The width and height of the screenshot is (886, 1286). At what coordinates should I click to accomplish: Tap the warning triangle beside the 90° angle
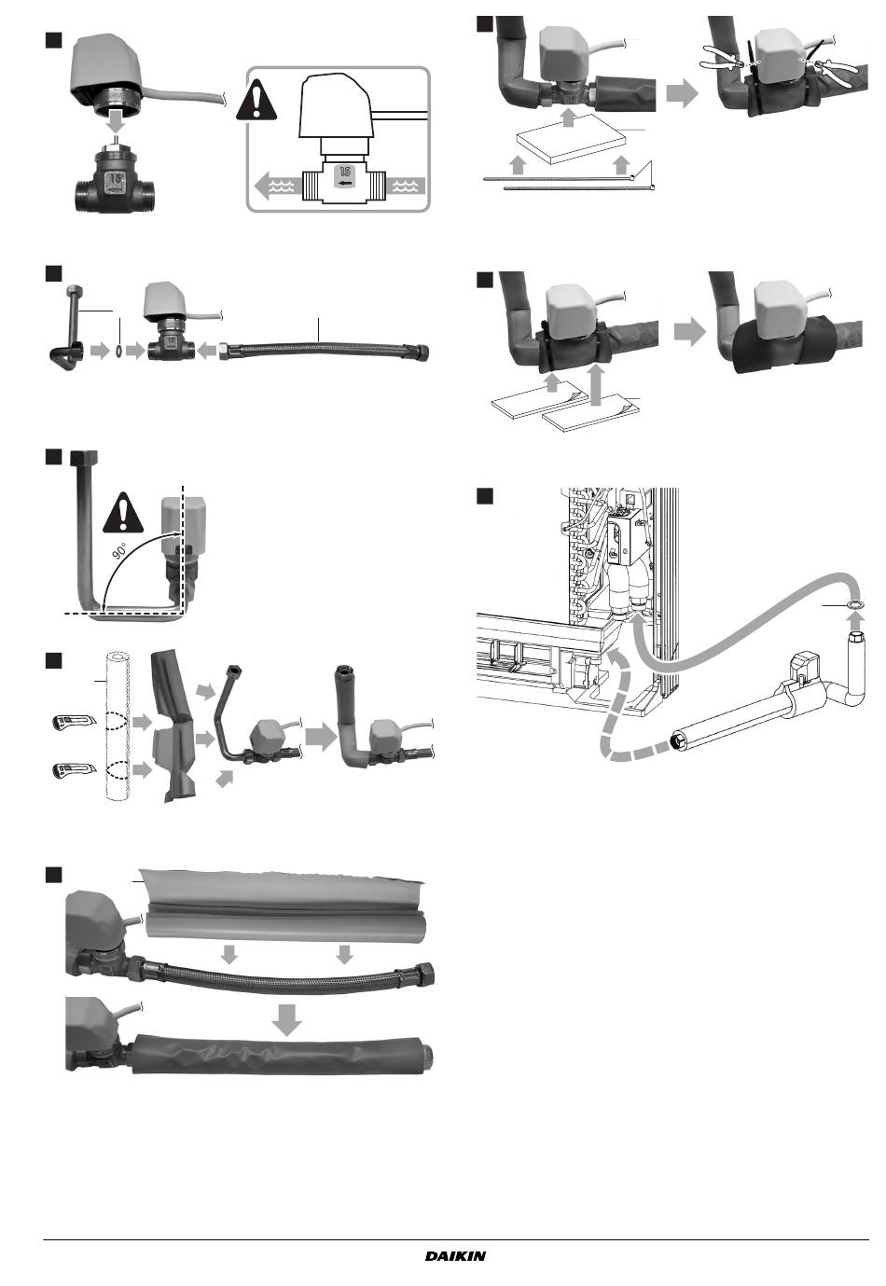point(123,513)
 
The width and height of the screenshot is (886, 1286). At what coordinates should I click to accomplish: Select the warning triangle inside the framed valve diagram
point(256,100)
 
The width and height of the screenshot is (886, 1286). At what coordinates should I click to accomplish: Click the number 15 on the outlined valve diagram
point(344,171)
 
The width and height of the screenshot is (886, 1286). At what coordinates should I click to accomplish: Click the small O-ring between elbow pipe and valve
point(118,350)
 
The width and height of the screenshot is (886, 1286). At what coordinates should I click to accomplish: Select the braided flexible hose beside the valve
point(325,351)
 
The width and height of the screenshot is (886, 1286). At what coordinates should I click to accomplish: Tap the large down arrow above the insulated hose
point(286,1022)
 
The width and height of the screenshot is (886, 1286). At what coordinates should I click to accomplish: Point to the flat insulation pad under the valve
point(569,138)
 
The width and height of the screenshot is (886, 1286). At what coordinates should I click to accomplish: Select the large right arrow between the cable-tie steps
point(682,92)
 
